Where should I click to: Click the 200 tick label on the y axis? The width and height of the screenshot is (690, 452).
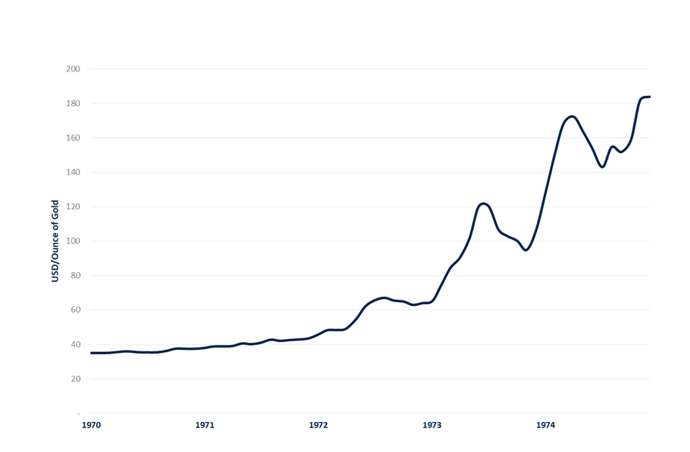click(73, 68)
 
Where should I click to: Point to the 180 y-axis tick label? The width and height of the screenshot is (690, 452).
click(73, 103)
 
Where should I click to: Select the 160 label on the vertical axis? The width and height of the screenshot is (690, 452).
click(73, 138)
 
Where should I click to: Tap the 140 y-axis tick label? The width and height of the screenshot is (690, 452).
click(73, 172)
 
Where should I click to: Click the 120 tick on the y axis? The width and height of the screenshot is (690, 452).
click(73, 207)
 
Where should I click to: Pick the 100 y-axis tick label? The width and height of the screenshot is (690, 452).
click(73, 241)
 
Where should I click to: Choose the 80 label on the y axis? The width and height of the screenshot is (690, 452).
click(75, 276)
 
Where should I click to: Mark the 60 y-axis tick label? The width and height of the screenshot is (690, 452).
click(75, 310)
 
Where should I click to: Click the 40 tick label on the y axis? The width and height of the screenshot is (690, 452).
click(75, 344)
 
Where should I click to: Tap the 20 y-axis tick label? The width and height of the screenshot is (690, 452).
click(75, 379)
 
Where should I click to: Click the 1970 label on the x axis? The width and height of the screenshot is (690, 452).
click(91, 425)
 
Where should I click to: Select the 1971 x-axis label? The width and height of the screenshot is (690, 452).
click(205, 425)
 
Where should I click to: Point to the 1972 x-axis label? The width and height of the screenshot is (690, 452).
click(318, 425)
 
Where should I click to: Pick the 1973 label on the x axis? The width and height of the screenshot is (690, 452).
click(432, 425)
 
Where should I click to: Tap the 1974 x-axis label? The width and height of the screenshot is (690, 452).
click(545, 425)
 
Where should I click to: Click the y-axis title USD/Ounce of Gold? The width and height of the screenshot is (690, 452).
click(55, 241)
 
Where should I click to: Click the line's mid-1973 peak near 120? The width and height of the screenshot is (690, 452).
click(483, 204)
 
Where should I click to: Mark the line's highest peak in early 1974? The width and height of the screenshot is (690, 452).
click(572, 117)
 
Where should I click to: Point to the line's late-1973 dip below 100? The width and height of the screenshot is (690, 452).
click(526, 250)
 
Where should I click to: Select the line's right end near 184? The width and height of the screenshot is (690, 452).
click(649, 97)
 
